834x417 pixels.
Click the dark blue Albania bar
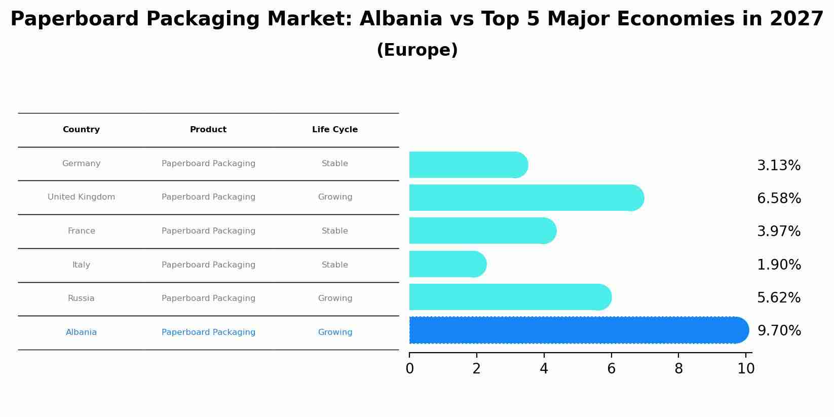[578, 330]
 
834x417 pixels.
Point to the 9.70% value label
[779, 331]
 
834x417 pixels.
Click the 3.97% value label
[778, 232]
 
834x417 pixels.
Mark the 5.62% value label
[778, 298]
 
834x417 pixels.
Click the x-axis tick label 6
[611, 369]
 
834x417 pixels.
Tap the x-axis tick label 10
[746, 369]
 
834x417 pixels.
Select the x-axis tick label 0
[409, 369]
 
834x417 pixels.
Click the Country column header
[81, 130]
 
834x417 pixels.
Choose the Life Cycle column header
[335, 130]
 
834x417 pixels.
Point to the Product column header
[208, 130]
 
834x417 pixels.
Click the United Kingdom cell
[81, 197]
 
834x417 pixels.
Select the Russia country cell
[81, 298]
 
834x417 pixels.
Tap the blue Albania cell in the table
[81, 332]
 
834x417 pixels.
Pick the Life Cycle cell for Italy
[335, 265]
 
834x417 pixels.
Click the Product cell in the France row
[208, 231]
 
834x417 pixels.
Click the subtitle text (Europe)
[417, 50]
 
